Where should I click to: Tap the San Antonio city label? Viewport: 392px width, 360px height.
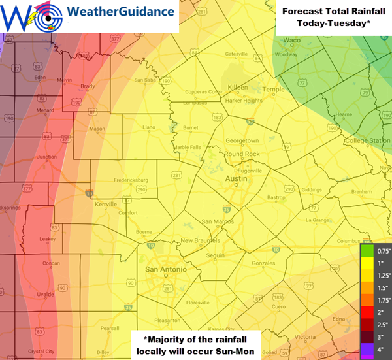(161, 269)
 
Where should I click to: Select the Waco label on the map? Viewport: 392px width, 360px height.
(291, 39)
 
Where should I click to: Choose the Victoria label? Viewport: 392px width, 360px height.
(305, 337)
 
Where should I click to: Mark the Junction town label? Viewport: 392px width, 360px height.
(47, 157)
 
